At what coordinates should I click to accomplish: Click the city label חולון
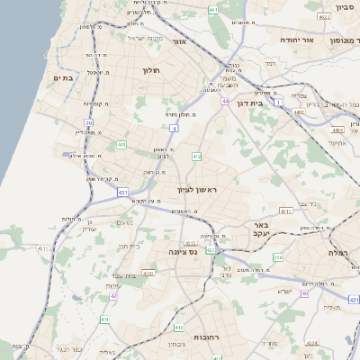(149, 69)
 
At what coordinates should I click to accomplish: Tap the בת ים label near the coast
(63, 78)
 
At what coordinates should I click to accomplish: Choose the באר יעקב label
(261, 229)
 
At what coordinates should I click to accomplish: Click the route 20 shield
(89, 122)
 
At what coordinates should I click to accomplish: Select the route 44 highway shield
(225, 101)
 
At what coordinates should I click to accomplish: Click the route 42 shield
(113, 295)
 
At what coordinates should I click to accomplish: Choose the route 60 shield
(304, 293)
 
